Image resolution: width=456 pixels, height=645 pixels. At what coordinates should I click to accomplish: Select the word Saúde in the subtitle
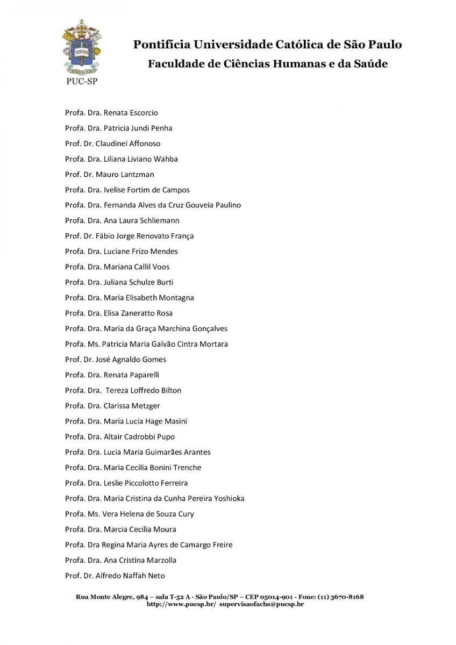(370, 64)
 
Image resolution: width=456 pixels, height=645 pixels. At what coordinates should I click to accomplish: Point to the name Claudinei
(111, 144)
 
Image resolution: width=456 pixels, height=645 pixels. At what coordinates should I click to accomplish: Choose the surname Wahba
(166, 159)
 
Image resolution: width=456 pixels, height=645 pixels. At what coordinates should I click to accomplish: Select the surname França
(182, 236)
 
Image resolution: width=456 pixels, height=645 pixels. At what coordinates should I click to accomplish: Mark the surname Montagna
(177, 298)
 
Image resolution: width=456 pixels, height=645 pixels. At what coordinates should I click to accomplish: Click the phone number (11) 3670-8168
(340, 597)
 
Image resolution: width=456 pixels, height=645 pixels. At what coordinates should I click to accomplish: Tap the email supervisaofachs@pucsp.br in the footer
(262, 604)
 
